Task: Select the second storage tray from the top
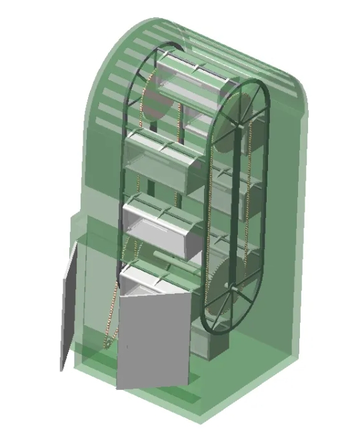point(163,160)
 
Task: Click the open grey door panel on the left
point(71,307)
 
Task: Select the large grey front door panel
point(155,340)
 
